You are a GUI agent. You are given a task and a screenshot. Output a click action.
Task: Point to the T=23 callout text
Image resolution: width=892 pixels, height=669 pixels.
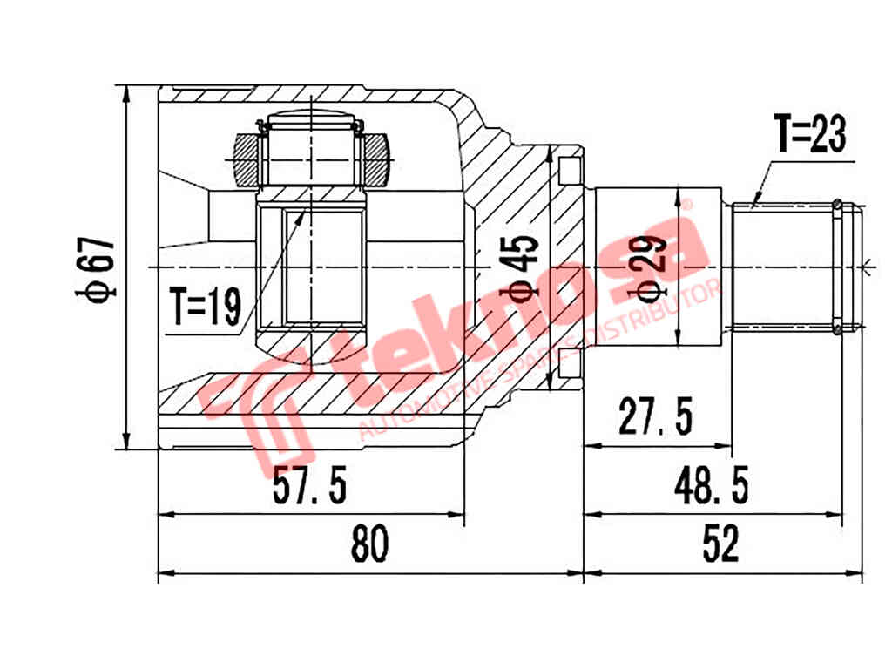810,134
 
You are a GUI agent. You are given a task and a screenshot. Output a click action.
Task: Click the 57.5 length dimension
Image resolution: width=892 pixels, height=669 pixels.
310,486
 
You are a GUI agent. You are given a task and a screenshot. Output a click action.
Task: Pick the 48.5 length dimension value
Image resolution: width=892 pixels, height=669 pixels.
709,486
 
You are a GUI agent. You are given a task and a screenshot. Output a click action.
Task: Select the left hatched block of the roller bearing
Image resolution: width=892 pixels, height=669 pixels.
247,161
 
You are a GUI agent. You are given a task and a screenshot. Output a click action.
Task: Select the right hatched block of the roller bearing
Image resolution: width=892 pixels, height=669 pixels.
377,161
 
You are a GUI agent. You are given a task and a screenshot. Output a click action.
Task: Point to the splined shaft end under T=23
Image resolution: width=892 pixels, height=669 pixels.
784,266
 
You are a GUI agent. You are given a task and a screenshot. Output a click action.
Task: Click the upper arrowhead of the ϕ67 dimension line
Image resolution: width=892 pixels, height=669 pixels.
127,94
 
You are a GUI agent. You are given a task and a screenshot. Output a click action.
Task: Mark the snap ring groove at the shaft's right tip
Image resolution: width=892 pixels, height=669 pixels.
837,266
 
